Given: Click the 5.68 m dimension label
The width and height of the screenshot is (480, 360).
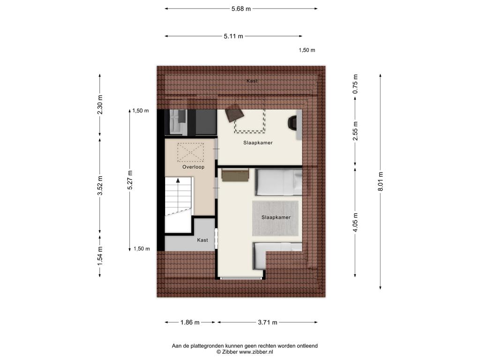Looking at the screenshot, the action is click(x=241, y=9).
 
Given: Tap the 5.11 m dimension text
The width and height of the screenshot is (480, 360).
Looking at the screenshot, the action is click(x=233, y=36).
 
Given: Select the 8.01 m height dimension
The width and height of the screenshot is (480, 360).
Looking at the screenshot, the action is click(x=381, y=181).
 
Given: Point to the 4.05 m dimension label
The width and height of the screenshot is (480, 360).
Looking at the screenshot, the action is click(x=355, y=222).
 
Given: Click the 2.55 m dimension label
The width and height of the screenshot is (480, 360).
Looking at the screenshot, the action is click(x=355, y=131).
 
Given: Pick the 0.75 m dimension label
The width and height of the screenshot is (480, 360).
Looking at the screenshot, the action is click(x=355, y=84).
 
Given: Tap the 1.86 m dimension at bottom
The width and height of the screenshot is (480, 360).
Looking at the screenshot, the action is click(x=190, y=322).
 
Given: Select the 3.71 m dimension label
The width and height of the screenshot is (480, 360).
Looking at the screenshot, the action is click(x=268, y=322).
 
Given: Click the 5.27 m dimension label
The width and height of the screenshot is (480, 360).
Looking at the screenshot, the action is click(x=130, y=180).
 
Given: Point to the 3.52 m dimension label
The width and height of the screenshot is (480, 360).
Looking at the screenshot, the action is click(x=100, y=186).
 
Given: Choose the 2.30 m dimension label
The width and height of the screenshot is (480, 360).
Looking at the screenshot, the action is click(x=100, y=105).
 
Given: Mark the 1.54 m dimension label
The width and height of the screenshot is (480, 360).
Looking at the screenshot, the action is click(x=100, y=256).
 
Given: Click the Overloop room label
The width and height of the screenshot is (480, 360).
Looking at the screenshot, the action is click(x=193, y=167).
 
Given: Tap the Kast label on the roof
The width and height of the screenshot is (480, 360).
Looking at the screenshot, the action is click(x=252, y=81).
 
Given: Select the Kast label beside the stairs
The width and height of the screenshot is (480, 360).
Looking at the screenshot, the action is click(x=202, y=240).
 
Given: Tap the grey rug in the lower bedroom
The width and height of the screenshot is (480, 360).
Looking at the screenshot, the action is click(x=275, y=218).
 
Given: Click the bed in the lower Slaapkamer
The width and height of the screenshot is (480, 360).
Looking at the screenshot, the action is click(x=278, y=182).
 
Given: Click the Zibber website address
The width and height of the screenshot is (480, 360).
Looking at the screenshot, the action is click(x=256, y=352).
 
